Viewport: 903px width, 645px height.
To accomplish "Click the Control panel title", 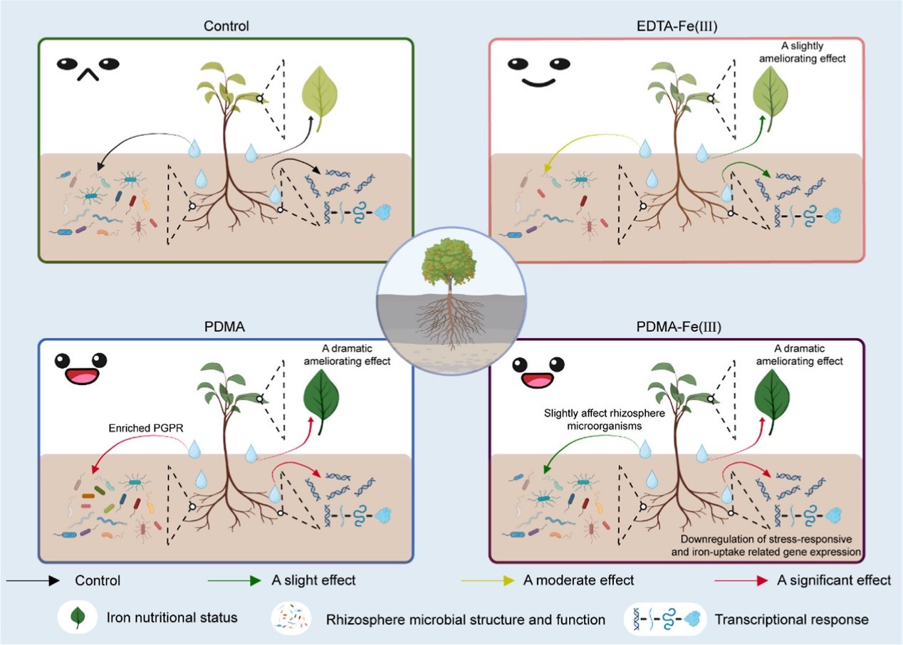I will pos(225,26).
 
